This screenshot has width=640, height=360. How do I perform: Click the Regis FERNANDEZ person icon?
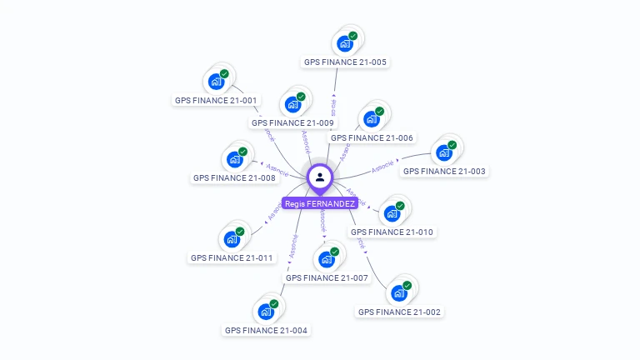(x=320, y=177)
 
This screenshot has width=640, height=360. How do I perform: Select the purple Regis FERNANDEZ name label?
(x=320, y=203)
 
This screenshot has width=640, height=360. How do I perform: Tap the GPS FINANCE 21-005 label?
(x=345, y=62)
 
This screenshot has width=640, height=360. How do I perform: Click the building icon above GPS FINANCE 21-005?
(x=344, y=44)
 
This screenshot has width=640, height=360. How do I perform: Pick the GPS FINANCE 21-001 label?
(x=216, y=100)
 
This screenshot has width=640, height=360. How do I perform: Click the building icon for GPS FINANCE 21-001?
(x=216, y=82)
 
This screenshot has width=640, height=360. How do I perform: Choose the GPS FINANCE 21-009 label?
(x=292, y=122)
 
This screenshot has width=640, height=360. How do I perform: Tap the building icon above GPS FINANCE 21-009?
(x=292, y=104)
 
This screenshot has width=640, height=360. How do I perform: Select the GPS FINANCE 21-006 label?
(x=372, y=137)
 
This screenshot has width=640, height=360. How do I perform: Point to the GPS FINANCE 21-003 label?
(x=444, y=171)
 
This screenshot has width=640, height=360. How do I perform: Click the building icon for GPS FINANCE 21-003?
(x=444, y=152)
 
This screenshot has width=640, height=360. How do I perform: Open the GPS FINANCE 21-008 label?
(x=234, y=177)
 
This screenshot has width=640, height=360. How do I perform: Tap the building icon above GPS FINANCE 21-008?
(x=234, y=159)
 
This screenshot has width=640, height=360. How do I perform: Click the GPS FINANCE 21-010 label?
(x=392, y=232)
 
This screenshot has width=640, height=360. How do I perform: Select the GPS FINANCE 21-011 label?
(x=232, y=257)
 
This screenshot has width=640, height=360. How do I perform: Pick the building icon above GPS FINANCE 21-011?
(x=232, y=239)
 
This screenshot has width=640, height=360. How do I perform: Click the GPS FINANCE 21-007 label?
(x=327, y=277)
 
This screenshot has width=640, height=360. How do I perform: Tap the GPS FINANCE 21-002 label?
(x=399, y=312)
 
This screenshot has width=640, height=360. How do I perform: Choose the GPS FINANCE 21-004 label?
(x=266, y=330)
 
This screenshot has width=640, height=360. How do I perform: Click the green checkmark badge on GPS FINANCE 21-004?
(x=273, y=304)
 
